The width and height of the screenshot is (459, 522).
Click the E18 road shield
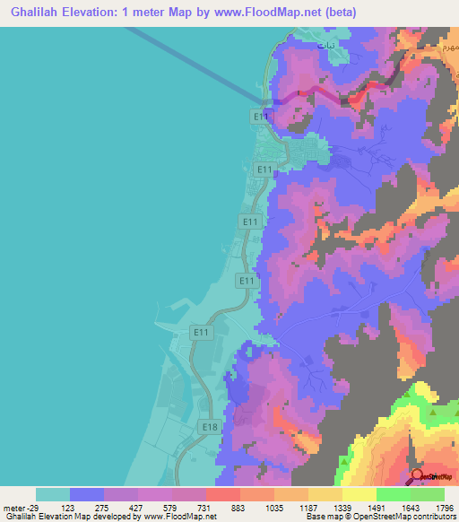pyautogui.click(x=209, y=427)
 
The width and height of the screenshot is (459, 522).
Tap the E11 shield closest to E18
pyautogui.click(x=201, y=333)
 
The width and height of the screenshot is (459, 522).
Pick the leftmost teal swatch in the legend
pyautogui.click(x=52, y=494)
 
